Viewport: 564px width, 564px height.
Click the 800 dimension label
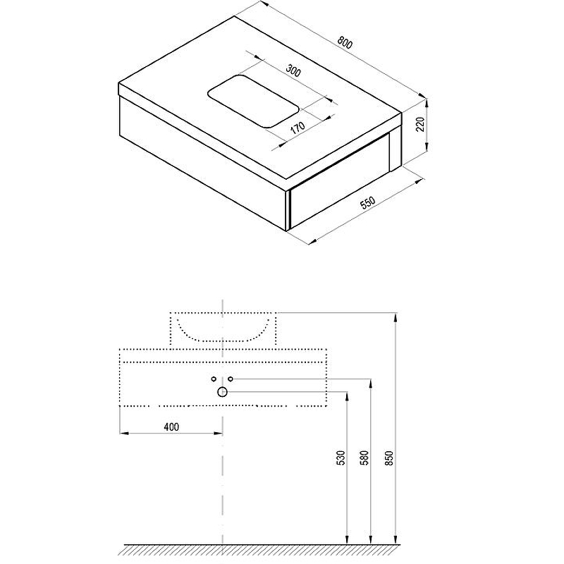[345, 43]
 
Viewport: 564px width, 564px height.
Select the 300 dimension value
[293, 70]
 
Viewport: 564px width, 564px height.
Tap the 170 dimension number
[298, 128]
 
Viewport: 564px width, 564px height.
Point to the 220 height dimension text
[420, 124]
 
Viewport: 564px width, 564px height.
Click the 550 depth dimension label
[367, 203]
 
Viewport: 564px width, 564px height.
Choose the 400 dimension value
[171, 427]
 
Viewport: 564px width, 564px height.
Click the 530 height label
[341, 458]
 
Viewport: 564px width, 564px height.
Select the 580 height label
[364, 458]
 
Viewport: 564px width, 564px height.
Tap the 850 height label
[389, 458]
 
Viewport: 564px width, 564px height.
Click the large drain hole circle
[222, 392]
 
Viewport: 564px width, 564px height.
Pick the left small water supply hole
[214, 379]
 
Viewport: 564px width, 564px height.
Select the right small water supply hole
[231, 379]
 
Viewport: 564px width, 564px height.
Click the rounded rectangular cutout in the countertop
[253, 101]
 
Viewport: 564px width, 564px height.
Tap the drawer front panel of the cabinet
[340, 182]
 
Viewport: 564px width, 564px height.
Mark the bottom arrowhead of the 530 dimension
[347, 539]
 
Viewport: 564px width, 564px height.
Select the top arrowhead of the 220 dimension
[427, 104]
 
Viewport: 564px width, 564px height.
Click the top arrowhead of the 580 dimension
[371, 384]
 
